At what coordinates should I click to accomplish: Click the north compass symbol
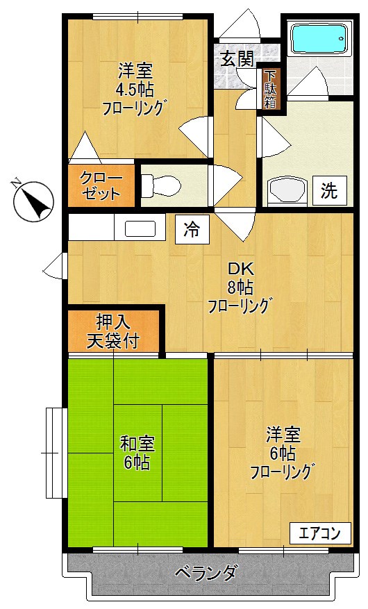[33, 201]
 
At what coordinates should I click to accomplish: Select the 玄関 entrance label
[237, 58]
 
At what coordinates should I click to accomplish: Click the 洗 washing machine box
[328, 190]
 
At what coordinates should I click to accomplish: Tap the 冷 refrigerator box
[192, 229]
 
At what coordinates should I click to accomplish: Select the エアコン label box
[319, 533]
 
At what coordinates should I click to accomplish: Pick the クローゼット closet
[101, 185]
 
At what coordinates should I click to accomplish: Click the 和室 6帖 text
[137, 453]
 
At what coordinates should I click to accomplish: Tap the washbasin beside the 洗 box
[285, 189]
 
